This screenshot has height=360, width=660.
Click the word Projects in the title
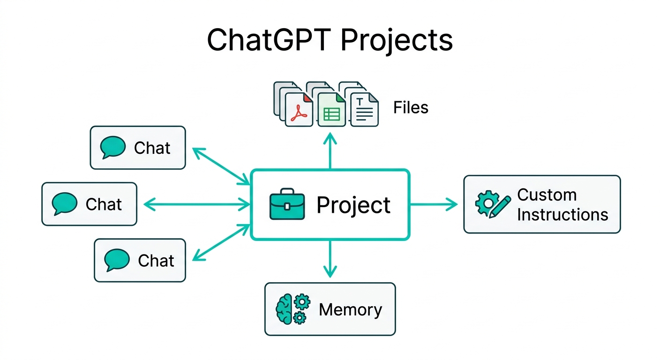[x=397, y=41]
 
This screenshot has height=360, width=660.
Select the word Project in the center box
[x=353, y=205]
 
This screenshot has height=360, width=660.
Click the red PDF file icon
[x=299, y=110]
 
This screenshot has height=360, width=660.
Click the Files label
[x=411, y=108]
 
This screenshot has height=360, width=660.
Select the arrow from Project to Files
[x=330, y=151]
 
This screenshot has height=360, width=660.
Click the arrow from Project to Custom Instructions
[x=434, y=204]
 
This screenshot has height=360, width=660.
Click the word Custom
[x=547, y=195]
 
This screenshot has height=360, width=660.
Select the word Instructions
[x=562, y=215]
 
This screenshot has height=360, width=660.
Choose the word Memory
[x=350, y=309]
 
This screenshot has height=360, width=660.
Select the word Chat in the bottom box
[x=156, y=261]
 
